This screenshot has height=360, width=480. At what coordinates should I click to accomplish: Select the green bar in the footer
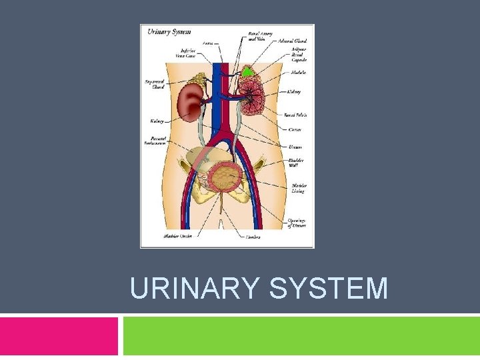click(x=301, y=336)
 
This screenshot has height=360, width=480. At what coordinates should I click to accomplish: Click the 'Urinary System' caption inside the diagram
click(x=169, y=31)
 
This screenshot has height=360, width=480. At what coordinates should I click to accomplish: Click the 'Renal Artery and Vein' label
click(x=260, y=35)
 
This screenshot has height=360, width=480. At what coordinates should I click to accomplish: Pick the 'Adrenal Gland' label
click(x=294, y=41)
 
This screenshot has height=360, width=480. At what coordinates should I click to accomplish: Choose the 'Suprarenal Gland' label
click(x=154, y=83)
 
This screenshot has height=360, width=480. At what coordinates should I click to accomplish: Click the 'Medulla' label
click(x=297, y=72)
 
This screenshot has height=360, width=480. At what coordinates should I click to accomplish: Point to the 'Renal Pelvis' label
click(x=295, y=115)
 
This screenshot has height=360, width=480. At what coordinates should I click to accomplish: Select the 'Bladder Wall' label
click(x=297, y=163)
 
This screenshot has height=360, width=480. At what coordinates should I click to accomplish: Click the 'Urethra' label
click(x=253, y=237)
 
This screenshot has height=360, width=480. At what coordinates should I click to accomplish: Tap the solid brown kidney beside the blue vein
click(x=193, y=101)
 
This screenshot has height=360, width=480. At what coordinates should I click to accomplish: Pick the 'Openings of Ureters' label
click(x=297, y=223)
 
